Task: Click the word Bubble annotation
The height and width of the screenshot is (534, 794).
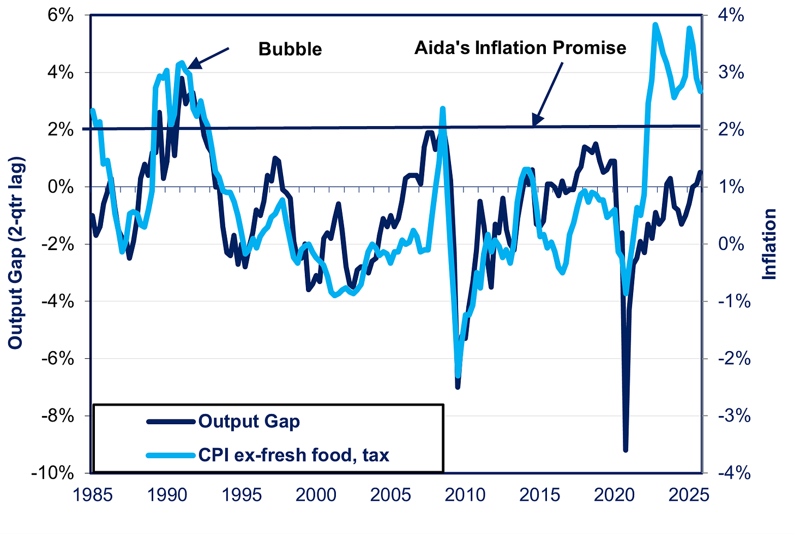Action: pyautogui.click(x=290, y=49)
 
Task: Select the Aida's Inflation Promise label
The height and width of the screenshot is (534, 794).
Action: pyautogui.click(x=520, y=48)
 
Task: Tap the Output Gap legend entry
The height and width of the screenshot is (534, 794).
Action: pyautogui.click(x=249, y=422)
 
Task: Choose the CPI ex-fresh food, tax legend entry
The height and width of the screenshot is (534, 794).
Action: pyautogui.click(x=293, y=454)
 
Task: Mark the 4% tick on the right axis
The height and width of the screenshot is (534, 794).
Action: pyautogui.click(x=730, y=15)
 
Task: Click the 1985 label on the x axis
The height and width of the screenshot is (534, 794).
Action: pyautogui.click(x=92, y=495)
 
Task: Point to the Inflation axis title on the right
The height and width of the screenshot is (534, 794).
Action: pyautogui.click(x=769, y=244)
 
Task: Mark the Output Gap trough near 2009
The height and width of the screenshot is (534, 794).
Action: pyautogui.click(x=458, y=387)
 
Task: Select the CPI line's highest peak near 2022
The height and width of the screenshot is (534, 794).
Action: pyautogui.click(x=655, y=25)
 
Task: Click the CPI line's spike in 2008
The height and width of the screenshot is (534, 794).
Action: pyautogui.click(x=442, y=109)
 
